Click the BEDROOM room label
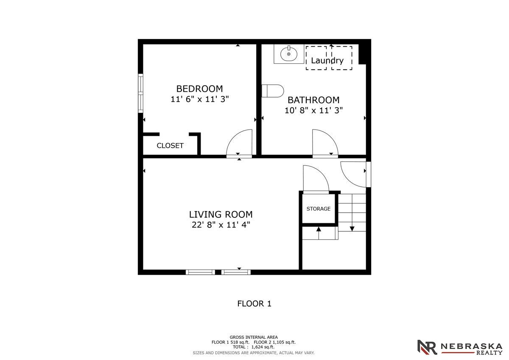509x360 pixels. (199, 89)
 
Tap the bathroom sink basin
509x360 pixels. (288, 54)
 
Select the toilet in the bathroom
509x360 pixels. (273, 91)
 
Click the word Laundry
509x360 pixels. (327, 61)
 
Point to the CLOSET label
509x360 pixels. (170, 146)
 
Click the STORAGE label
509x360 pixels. (319, 209)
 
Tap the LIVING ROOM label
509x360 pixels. (221, 214)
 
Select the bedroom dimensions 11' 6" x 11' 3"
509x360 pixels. (199, 99)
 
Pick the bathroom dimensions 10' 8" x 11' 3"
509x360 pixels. (313, 110)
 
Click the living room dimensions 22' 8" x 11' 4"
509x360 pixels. (221, 225)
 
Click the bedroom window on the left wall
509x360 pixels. (141, 93)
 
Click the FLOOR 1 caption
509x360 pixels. (254, 304)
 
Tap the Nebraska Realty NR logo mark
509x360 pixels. (427, 347)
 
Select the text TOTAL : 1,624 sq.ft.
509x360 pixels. (254, 347)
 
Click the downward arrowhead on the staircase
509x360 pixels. (352, 229)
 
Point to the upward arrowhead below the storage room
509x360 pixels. (319, 229)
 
